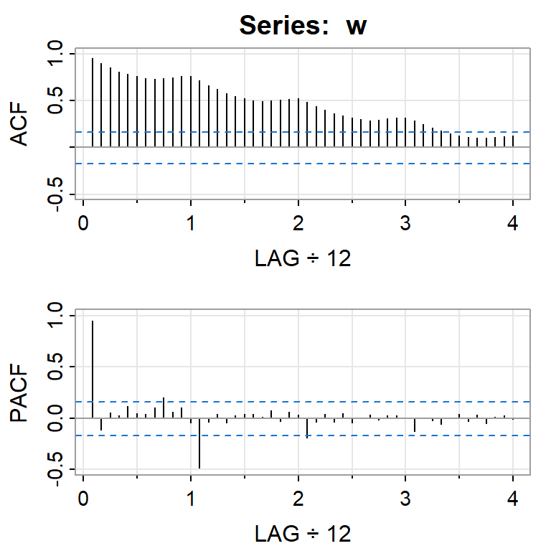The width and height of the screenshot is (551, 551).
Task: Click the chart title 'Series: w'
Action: tap(303, 26)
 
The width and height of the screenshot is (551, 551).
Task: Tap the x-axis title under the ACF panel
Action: tap(303, 259)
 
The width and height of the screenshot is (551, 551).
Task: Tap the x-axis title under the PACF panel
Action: tap(303, 533)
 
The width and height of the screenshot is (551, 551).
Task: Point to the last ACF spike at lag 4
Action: tap(513, 141)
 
